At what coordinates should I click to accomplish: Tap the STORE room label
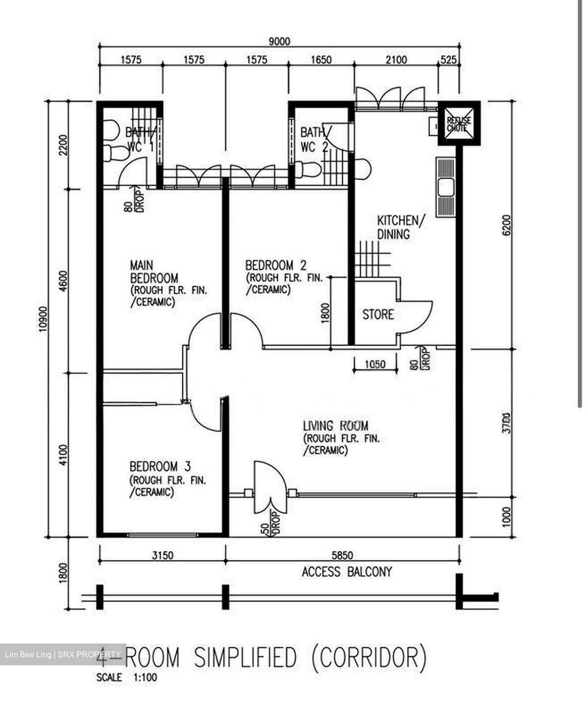(377, 314)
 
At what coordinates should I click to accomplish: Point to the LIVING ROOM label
(336, 426)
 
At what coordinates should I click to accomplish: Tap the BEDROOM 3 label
(160, 466)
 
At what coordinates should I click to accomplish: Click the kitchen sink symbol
(445, 187)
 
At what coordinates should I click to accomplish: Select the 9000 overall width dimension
(279, 42)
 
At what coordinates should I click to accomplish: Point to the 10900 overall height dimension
(43, 318)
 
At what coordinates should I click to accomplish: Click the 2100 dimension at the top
(396, 60)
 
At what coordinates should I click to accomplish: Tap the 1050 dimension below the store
(375, 364)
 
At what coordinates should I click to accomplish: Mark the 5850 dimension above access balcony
(342, 555)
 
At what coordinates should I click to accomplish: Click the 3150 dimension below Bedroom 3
(162, 555)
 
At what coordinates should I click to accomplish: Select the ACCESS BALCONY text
(347, 572)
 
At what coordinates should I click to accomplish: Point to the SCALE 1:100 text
(127, 677)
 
